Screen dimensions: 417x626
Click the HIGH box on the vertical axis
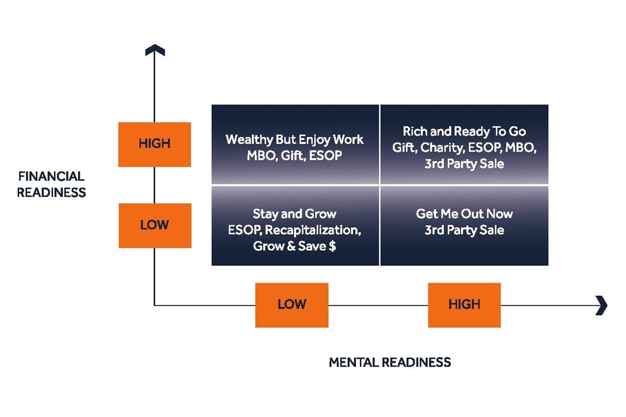coord(154,144)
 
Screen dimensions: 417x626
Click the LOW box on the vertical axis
coord(154,225)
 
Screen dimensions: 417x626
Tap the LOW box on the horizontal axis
coord(292,304)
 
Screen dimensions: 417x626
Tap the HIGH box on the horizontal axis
coord(464,304)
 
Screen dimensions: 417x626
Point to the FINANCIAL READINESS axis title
coord(51,185)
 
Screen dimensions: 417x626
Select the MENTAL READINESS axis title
coord(390,362)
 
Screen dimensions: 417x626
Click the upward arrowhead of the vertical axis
coord(154,50)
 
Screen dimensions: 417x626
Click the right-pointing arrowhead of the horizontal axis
coord(601,305)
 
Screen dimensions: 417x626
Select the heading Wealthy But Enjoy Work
coord(295,140)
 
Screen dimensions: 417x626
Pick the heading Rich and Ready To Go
coord(464,132)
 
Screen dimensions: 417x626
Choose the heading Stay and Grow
coord(295,214)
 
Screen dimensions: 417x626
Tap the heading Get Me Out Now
coord(464,214)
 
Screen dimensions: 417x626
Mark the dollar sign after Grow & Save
coord(332,246)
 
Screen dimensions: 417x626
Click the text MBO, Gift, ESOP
coord(295,155)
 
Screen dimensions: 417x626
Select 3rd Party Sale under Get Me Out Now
coord(464,230)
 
